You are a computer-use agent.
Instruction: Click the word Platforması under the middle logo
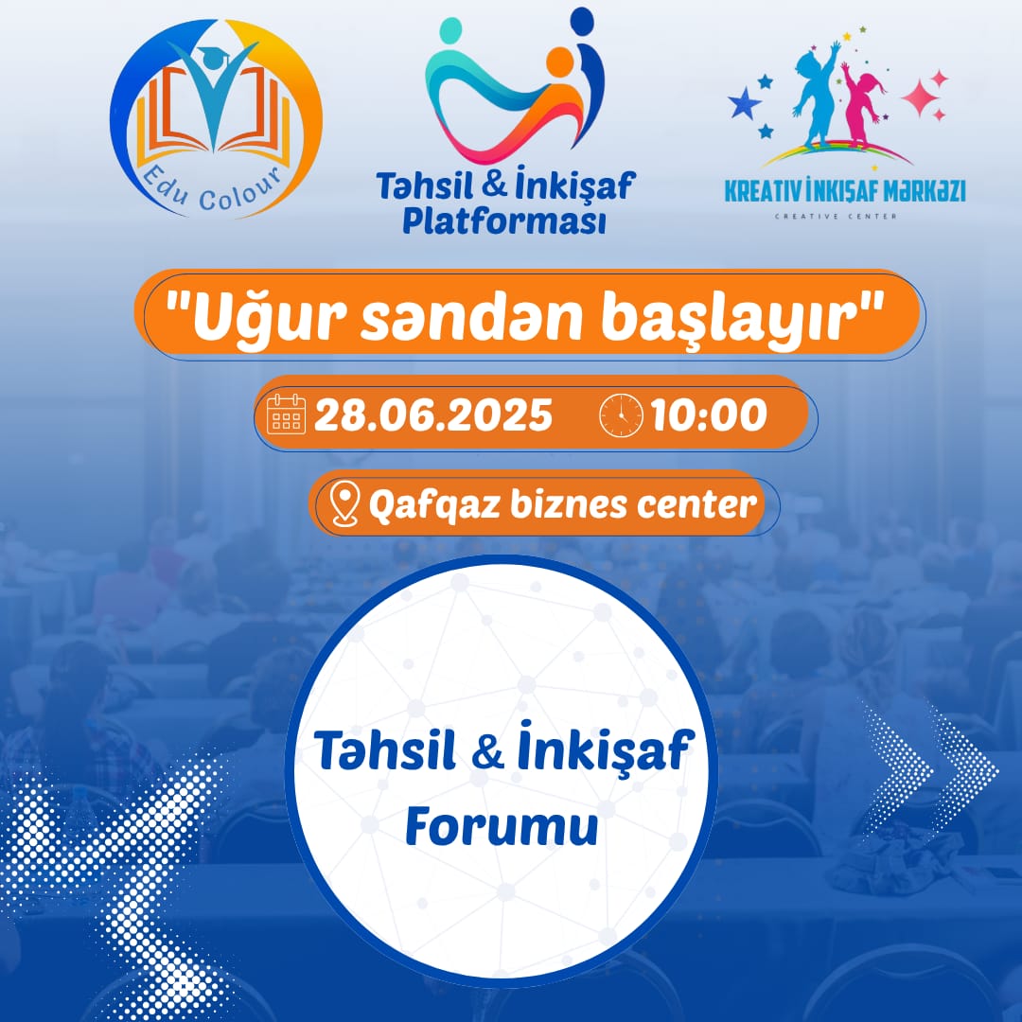tap(503, 220)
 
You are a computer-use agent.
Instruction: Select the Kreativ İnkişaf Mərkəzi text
tap(845, 190)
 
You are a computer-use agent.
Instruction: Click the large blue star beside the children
tap(745, 103)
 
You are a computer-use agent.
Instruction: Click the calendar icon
tap(286, 414)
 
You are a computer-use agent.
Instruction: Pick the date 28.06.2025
tap(432, 415)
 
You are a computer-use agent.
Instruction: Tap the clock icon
tap(621, 415)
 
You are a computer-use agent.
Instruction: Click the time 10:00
tap(709, 415)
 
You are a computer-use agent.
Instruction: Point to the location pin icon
tap(344, 503)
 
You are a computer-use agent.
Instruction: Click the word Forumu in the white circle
tap(502, 826)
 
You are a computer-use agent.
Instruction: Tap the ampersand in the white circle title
tap(487, 750)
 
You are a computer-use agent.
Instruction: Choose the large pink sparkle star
tap(921, 97)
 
